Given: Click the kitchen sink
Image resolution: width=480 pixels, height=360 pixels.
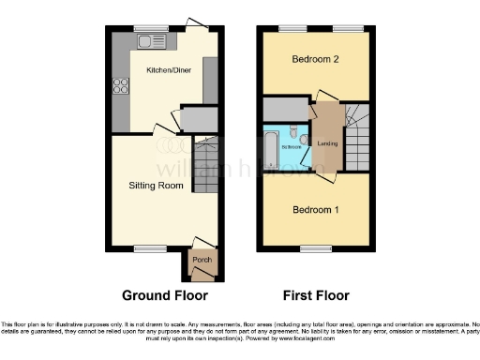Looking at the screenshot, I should click(x=150, y=41).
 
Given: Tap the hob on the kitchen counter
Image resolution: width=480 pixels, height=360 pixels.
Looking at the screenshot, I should click(x=121, y=86).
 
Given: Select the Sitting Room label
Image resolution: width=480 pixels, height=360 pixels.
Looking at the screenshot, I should click(x=156, y=185).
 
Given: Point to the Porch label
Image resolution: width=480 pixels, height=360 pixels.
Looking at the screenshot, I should click(x=202, y=260).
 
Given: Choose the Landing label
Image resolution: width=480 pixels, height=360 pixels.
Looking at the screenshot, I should click(x=328, y=143).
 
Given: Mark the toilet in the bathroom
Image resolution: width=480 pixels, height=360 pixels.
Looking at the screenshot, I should click(x=292, y=133).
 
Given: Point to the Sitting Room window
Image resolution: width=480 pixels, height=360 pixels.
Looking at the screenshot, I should click(x=146, y=247).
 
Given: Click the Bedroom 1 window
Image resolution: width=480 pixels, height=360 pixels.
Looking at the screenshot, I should click(x=312, y=247).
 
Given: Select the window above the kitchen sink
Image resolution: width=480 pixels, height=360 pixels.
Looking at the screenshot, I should click(x=150, y=27).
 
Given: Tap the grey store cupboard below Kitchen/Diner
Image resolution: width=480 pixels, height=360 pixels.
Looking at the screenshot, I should click(x=196, y=119).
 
